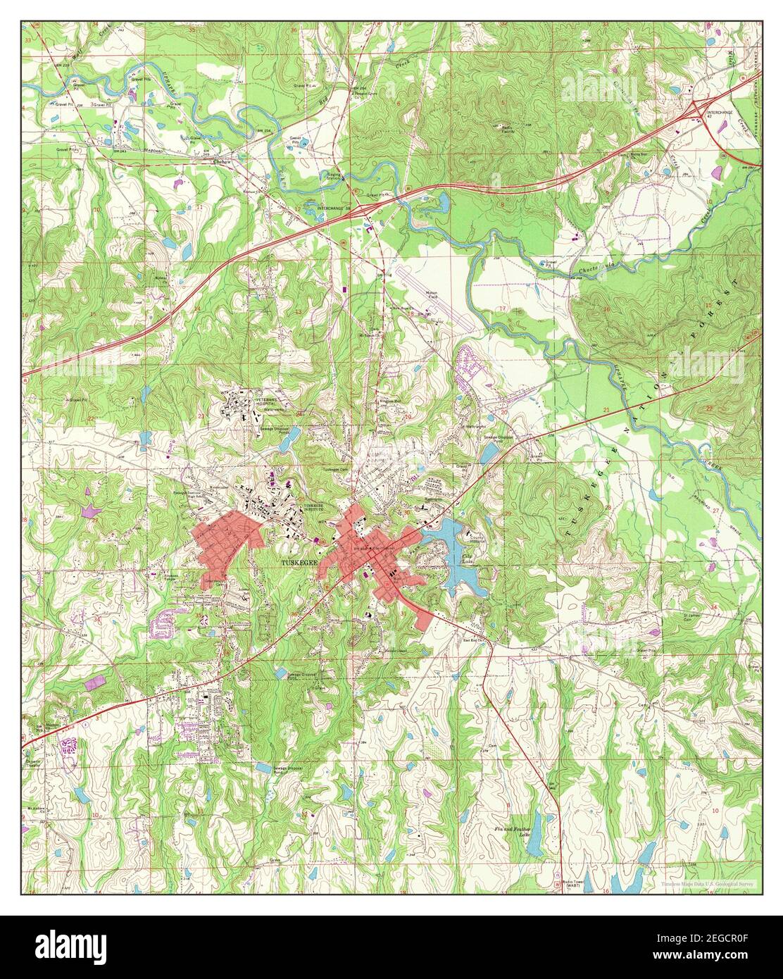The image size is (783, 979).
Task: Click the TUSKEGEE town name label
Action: point(300,563)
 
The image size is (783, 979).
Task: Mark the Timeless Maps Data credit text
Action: point(708,884)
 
